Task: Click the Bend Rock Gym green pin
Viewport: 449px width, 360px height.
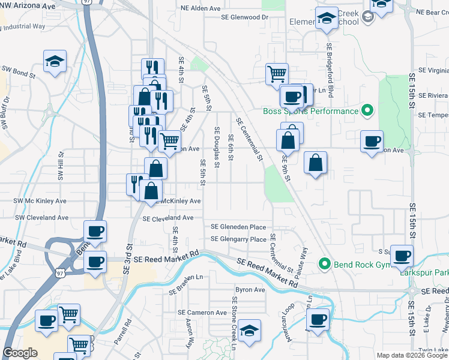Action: (325, 263)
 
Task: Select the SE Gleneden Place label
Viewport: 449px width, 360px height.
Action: (238, 227)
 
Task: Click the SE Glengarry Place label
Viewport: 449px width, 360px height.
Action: (238, 239)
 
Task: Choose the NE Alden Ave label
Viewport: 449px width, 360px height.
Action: (202, 9)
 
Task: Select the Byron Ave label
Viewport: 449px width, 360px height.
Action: (250, 290)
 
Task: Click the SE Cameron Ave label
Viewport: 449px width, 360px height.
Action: (202, 313)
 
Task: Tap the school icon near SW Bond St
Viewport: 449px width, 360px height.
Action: (55, 61)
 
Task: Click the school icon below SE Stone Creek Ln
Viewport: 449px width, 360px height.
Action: (249, 331)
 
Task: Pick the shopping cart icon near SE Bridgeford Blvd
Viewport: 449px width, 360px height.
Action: (277, 74)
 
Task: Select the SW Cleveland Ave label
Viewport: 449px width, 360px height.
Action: (41, 218)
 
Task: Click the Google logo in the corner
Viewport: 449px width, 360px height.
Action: (20, 353)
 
